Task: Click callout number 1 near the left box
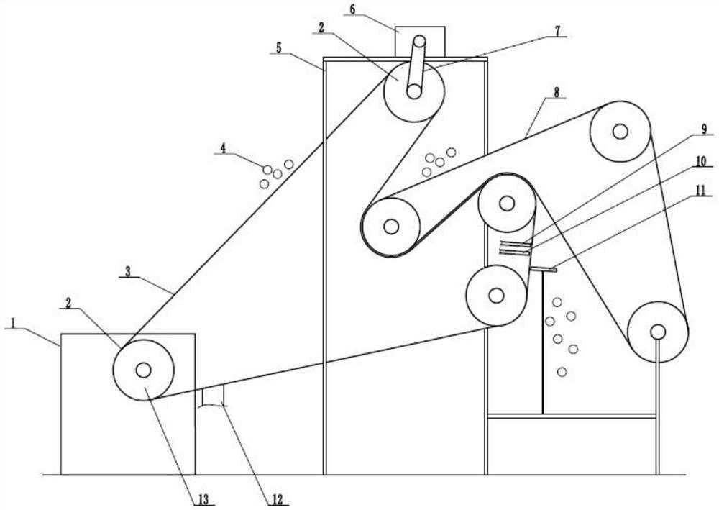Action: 12,324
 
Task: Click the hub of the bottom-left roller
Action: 143,370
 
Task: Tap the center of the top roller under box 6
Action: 413,91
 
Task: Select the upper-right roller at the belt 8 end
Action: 620,131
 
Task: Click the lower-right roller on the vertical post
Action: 657,332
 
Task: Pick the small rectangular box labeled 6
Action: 420,41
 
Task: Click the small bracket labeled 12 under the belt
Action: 213,396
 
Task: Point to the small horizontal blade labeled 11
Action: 543,269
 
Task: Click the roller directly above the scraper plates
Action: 506,204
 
